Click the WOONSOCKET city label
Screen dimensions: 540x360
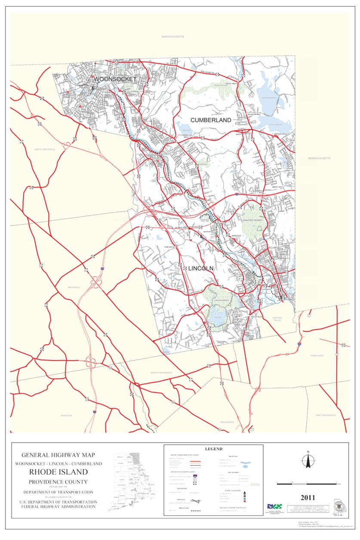(x=115, y=79)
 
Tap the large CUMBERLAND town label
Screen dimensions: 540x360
(x=211, y=120)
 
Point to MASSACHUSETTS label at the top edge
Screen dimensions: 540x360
(x=173, y=37)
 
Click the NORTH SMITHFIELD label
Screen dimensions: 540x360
(x=45, y=149)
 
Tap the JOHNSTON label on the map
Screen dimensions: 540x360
(x=66, y=416)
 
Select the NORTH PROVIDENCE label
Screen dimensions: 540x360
(x=162, y=373)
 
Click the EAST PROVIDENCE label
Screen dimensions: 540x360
(x=326, y=415)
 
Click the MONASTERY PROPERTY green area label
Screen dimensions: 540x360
(x=252, y=220)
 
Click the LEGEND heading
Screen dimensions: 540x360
(x=213, y=449)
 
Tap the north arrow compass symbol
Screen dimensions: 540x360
(x=308, y=460)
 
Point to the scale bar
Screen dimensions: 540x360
(x=306, y=484)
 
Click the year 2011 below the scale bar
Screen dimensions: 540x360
(x=308, y=498)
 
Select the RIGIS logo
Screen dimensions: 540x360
(x=274, y=507)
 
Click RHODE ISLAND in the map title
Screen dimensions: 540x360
(x=58, y=472)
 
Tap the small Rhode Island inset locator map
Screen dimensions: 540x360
(x=128, y=481)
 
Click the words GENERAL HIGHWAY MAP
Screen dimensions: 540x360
(x=58, y=454)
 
